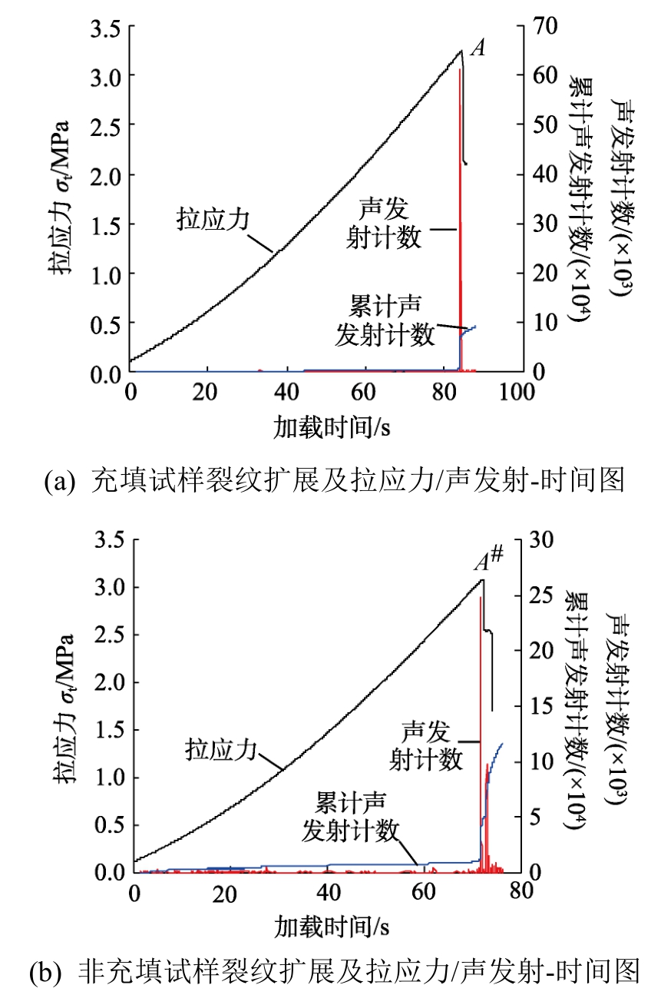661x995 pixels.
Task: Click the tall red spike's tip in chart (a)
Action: pyautogui.click(x=460, y=70)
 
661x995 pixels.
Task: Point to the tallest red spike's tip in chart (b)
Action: pyautogui.click(x=480, y=598)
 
